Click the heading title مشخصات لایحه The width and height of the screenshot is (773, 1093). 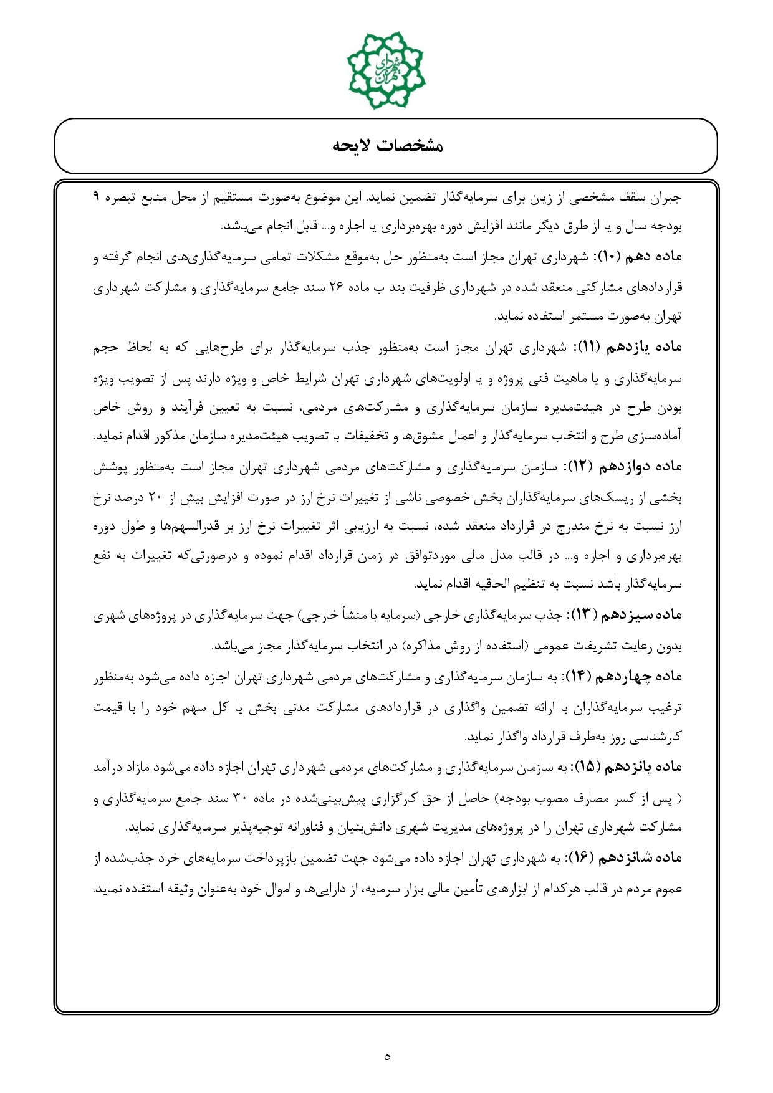[386, 146]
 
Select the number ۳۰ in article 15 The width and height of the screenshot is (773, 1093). [240, 798]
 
